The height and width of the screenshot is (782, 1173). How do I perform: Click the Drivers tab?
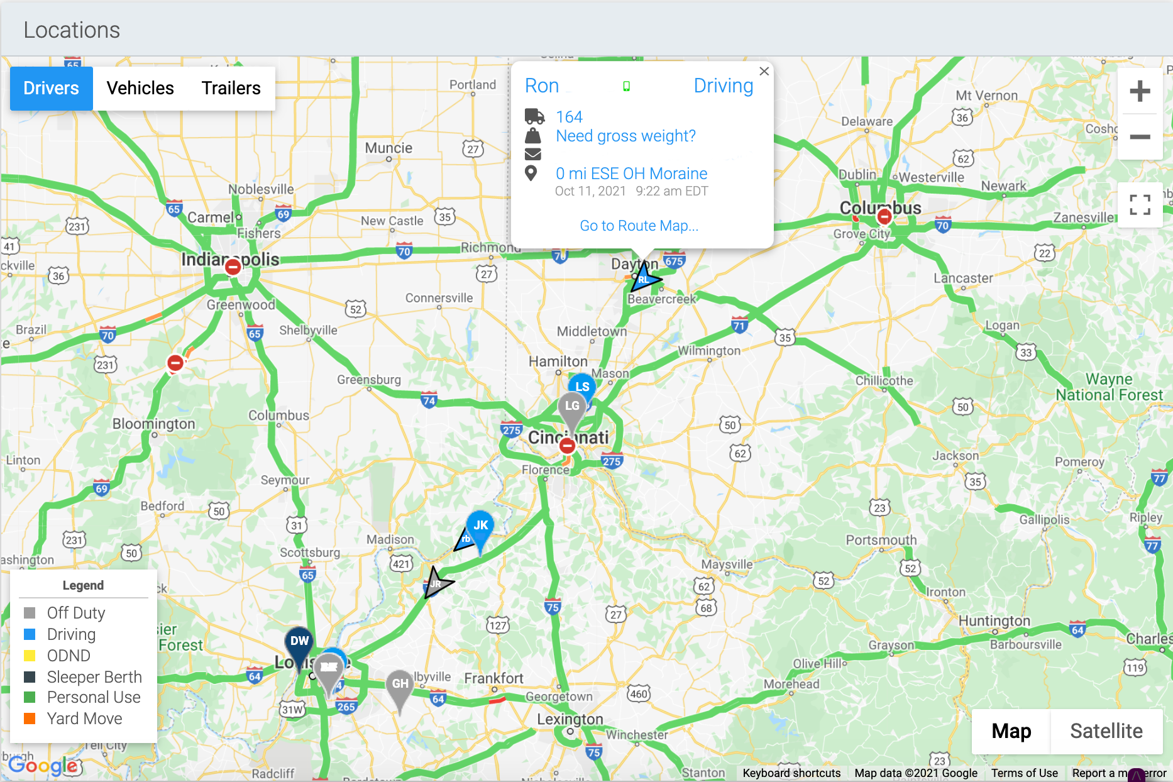(52, 89)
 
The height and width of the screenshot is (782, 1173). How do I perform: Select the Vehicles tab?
(140, 89)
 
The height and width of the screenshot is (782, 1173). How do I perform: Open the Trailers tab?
(231, 89)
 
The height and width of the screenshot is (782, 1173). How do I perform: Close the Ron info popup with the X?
(764, 72)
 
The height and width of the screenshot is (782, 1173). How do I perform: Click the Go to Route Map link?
(639, 226)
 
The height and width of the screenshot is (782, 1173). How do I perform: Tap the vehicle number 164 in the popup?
(569, 117)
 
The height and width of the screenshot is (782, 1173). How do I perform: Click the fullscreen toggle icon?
(1139, 205)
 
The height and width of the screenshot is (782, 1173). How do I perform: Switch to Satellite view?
(1106, 731)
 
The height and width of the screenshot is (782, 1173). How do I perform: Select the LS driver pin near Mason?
(583, 386)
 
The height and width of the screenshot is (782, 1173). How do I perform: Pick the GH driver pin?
(400, 685)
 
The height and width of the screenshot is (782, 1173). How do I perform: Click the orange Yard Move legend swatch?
(30, 719)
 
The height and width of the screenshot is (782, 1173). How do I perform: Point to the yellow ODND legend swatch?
(30, 656)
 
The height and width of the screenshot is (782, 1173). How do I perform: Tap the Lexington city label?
(570, 719)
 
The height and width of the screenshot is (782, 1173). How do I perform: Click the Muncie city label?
(388, 148)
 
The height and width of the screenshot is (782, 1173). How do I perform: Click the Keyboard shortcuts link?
(791, 773)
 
